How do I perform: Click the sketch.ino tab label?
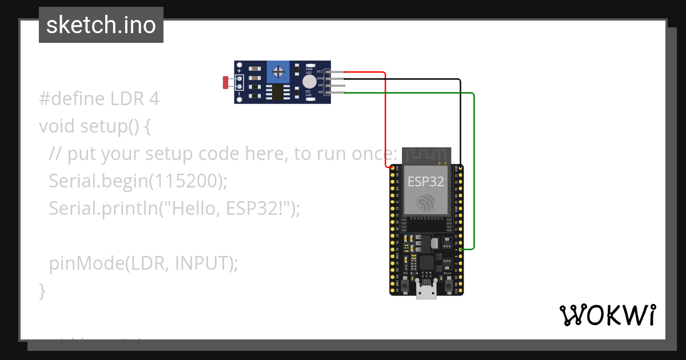[101, 25]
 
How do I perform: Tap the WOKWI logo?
[607, 315]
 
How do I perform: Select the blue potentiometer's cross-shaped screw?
[278, 72]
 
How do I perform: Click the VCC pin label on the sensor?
[320, 72]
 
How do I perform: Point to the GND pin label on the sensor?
[320, 78]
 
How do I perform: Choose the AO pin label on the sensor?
[320, 92]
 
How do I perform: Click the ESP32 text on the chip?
[426, 182]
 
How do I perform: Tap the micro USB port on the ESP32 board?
[426, 293]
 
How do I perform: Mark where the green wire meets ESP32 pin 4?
[461, 249]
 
